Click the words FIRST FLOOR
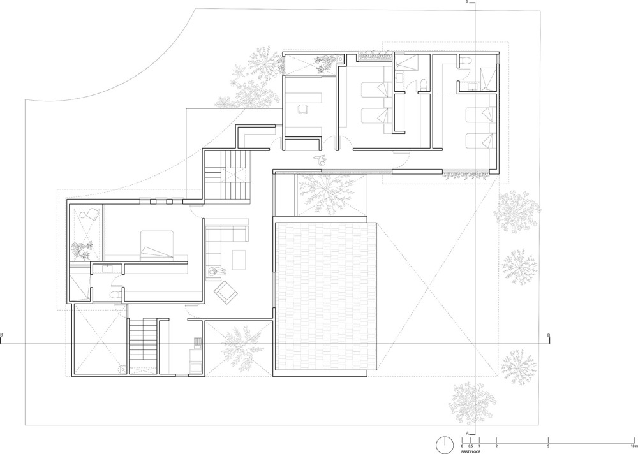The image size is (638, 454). point(471,452)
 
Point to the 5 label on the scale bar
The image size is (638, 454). point(549,446)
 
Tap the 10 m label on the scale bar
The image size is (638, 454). point(633,446)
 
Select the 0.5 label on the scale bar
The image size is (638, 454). point(471,446)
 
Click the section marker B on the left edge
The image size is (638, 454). point(1,335)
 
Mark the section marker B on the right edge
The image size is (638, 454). point(548,335)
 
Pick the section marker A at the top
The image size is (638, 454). point(468,2)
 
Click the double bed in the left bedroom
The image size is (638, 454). point(158,245)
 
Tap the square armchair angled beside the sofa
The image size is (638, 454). point(226,292)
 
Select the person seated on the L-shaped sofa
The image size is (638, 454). point(214,273)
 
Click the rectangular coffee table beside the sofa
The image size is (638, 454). point(239,260)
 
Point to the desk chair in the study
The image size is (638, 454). point(302,108)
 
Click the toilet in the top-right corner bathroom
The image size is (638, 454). point(465,61)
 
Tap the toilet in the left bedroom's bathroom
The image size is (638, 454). point(115,294)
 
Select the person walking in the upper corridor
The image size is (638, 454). point(320,159)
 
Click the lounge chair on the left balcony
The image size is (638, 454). point(89,214)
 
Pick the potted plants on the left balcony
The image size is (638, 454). point(82,250)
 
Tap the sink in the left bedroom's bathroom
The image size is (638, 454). point(108,268)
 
